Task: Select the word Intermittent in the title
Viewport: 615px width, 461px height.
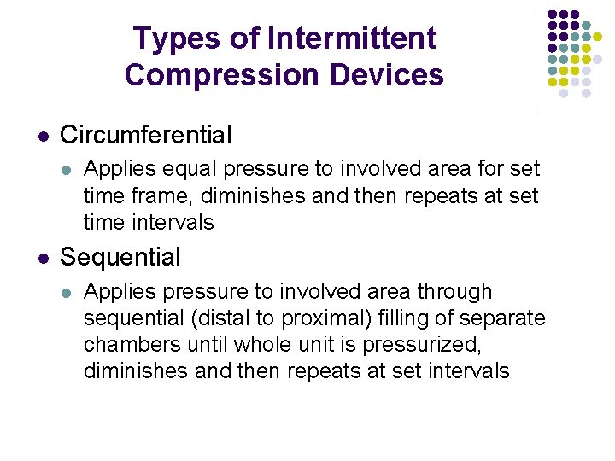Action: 351,39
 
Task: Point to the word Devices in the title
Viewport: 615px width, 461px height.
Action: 389,75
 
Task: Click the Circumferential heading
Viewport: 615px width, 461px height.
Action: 145,135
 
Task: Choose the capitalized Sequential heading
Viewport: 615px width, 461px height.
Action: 120,257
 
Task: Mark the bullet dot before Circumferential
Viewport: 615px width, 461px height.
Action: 44,136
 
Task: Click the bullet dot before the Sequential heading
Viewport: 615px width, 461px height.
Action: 44,258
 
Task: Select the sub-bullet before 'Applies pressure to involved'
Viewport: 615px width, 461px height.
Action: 67,293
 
